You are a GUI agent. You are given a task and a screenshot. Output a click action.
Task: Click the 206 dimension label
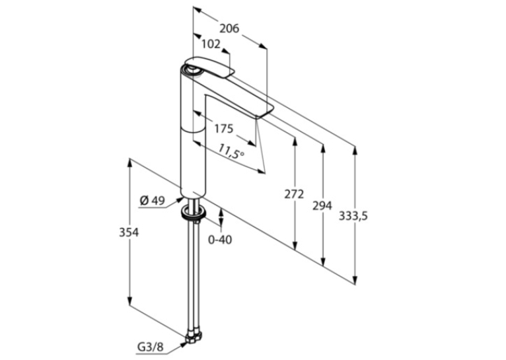tap(229, 28)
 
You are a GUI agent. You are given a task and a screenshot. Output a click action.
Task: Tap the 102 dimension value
tap(211, 44)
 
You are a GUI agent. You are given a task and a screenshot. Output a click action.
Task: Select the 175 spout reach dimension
tap(224, 129)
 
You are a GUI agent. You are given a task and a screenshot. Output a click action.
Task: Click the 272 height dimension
tap(294, 194)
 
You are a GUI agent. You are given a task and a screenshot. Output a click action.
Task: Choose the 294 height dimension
tap(322, 205)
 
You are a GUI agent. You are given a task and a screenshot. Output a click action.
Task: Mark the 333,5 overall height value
tap(353, 216)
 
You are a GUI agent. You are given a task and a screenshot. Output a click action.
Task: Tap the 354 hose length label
tap(129, 233)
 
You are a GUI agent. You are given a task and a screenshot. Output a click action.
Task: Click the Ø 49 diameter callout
tap(153, 201)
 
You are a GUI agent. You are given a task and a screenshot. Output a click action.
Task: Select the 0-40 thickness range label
tap(220, 240)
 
